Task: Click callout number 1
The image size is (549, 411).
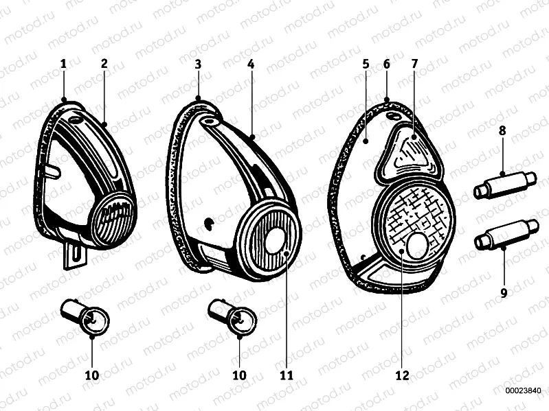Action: (x=63, y=64)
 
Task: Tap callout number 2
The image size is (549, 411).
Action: (x=104, y=64)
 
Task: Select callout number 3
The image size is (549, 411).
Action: (x=198, y=64)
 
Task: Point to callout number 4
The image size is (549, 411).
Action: (x=251, y=64)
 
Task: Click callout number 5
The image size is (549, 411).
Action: (x=366, y=64)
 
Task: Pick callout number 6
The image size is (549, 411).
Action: (x=386, y=64)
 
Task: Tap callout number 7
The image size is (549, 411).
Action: (x=414, y=64)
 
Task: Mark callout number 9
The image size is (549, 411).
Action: (x=504, y=293)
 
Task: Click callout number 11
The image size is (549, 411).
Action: (x=287, y=375)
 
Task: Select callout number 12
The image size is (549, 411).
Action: (x=402, y=375)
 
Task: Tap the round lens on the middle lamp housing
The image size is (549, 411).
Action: (x=270, y=238)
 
